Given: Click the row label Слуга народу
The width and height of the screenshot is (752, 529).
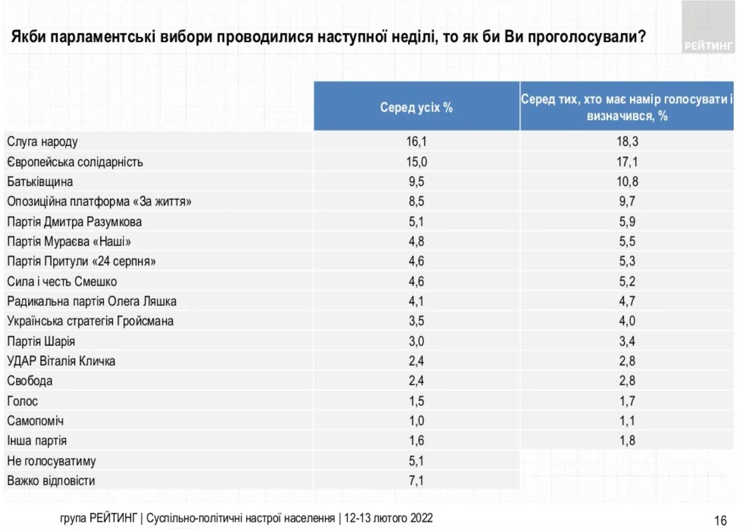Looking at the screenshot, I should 42,142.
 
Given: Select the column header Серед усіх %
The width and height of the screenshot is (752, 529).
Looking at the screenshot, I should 417,107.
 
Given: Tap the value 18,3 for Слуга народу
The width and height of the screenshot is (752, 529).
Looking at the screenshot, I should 627,142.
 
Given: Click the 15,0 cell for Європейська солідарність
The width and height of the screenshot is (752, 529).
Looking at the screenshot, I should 417,162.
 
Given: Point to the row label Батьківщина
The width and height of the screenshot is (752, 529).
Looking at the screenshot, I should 39,182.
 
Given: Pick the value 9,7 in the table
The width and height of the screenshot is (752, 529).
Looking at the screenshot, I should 627,202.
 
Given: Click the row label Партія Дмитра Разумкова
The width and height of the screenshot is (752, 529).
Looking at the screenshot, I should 74,222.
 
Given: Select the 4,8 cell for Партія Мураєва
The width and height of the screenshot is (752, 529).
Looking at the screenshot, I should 417,242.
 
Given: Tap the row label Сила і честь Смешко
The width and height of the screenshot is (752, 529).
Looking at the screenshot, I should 62,282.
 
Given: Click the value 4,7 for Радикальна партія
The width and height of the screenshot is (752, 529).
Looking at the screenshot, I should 627,302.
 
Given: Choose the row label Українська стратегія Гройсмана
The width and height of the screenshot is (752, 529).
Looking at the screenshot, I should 90,321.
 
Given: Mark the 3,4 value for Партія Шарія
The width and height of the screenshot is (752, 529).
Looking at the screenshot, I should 627,342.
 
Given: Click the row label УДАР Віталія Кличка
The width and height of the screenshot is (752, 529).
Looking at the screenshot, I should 61,361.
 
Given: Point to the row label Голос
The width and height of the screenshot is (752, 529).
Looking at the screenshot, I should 22,401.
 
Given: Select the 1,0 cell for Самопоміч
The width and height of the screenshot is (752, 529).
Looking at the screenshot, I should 417,421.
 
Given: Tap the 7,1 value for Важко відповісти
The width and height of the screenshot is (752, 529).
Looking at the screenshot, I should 417,481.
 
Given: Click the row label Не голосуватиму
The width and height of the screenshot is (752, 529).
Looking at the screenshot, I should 51,461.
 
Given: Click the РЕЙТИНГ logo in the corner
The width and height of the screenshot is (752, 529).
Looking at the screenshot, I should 708,46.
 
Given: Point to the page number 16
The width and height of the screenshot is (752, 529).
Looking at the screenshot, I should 720,520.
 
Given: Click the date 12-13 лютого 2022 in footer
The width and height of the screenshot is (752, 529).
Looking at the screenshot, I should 388,518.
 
